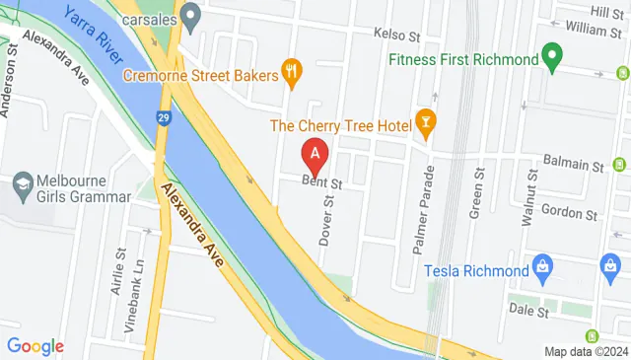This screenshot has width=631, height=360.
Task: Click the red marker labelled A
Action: pyautogui.click(x=315, y=155)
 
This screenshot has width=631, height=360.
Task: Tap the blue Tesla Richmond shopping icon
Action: pyautogui.click(x=541, y=265)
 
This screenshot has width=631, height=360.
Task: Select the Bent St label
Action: pyautogui.click(x=322, y=183)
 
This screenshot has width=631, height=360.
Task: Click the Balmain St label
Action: pyautogui.click(x=573, y=161)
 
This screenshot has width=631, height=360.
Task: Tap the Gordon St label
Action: pyautogui.click(x=575, y=214)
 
